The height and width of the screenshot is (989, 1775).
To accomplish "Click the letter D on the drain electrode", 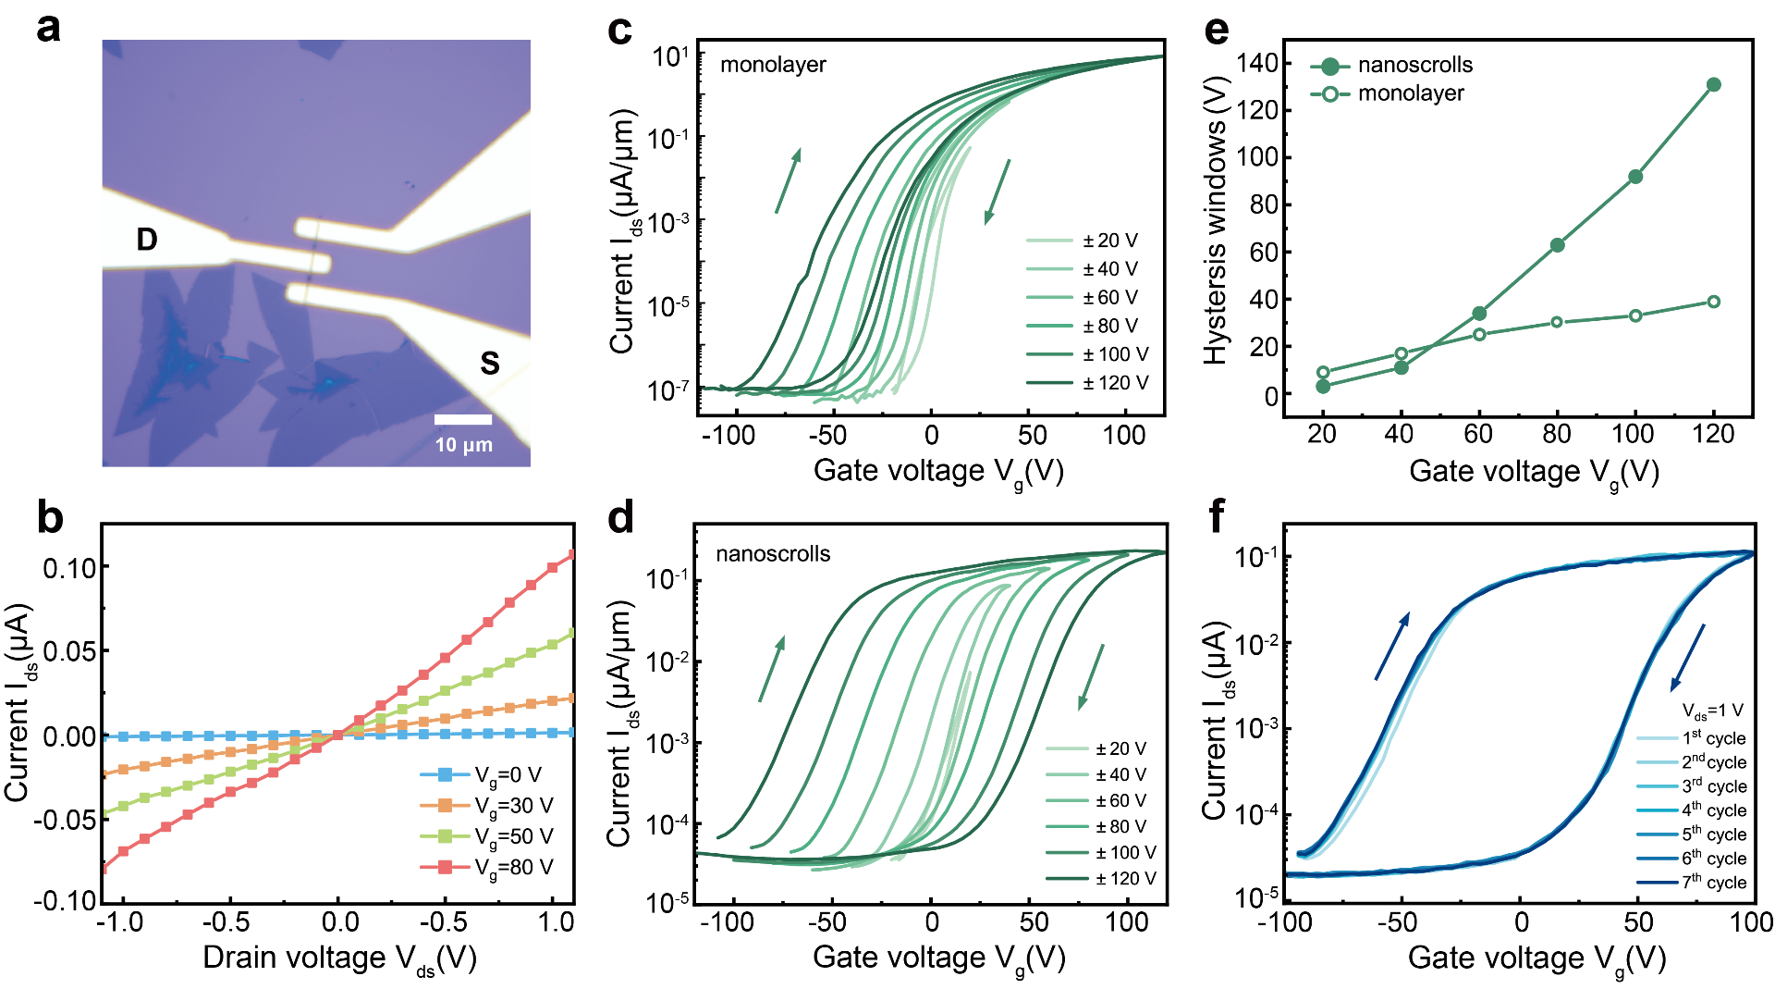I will (147, 240).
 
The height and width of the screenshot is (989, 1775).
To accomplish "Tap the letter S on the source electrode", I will (490, 363).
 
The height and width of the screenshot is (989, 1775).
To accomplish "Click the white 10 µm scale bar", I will (463, 420).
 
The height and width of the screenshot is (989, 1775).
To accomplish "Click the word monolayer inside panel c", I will (773, 65).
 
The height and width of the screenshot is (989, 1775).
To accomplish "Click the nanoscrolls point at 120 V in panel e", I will (1713, 85).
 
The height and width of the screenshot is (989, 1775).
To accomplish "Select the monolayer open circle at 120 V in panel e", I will (1713, 302).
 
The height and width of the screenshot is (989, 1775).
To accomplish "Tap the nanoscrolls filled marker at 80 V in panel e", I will (1557, 245).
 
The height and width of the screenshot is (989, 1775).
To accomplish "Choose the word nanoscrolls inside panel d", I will (773, 554).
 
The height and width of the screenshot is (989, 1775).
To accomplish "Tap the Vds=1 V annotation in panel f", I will (1712, 711).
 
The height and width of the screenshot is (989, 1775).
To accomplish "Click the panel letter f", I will (1217, 516).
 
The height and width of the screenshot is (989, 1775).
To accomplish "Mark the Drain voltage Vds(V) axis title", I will (339, 958).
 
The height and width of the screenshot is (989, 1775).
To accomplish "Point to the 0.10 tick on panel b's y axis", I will (69, 567).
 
